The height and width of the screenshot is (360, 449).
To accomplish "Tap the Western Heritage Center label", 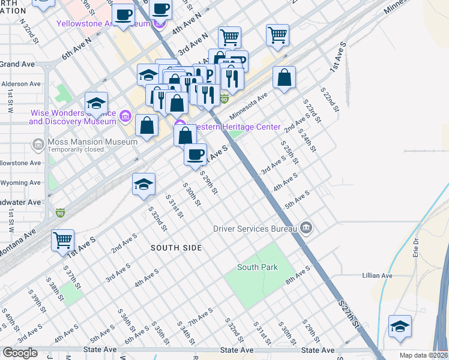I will click(234, 127).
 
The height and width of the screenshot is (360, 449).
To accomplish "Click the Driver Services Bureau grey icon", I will click(306, 228).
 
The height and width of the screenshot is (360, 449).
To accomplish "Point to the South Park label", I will click(257, 267).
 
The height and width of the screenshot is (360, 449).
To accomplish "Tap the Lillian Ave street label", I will click(377, 275).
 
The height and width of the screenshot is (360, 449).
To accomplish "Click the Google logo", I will click(20, 353).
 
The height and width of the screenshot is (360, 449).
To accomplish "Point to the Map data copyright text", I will click(423, 355).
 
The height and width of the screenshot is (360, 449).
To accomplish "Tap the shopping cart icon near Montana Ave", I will click(62, 241).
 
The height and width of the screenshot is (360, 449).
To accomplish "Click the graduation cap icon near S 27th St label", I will click(400, 326).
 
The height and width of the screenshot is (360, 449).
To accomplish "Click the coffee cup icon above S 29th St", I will click(195, 155).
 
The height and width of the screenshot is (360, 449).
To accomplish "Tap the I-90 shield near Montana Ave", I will click(59, 213).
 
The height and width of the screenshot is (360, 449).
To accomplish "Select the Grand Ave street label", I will click(17, 64).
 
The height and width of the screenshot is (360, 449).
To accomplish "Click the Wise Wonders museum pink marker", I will click(125, 115).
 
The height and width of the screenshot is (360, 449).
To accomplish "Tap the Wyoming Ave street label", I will click(20, 182).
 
